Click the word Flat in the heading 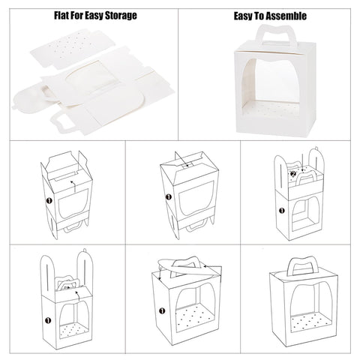(x=61, y=15)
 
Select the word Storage (x=121, y=16)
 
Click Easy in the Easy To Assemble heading (x=243, y=16)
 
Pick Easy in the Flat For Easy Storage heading (x=94, y=16)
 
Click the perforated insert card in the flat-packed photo (x=69, y=49)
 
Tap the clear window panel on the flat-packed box (x=92, y=80)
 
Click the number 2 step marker (x=293, y=174)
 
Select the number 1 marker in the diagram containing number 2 (x=282, y=211)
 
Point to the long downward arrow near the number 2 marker (x=302, y=163)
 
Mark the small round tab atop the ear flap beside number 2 (x=316, y=148)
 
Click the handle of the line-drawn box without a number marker (x=303, y=266)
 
